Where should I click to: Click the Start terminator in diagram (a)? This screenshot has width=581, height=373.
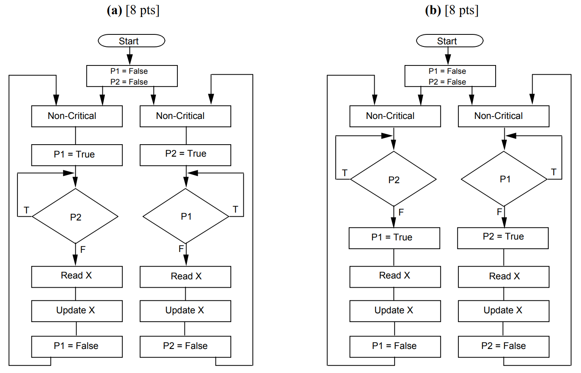tap(131, 41)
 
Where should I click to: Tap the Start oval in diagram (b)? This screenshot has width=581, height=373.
tap(450, 41)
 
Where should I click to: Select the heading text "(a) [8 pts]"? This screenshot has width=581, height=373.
tap(133, 10)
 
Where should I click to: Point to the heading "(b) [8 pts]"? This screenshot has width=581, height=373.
tap(452, 10)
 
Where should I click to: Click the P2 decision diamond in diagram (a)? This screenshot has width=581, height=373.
tap(75, 216)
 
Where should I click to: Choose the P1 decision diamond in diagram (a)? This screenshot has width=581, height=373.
tap(186, 216)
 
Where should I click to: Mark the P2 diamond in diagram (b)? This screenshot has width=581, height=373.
tap(394, 179)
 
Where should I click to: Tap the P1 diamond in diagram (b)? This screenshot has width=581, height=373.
tap(504, 179)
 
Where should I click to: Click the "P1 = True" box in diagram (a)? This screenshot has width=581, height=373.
tap(77, 155)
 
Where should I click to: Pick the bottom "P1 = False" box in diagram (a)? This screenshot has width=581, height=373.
tap(77, 346)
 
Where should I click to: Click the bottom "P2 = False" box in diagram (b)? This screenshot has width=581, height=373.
tap(504, 346)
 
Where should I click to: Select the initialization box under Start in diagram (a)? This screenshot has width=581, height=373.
tap(132, 76)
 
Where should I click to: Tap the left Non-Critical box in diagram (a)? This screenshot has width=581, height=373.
tap(77, 116)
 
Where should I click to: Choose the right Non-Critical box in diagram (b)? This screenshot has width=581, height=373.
tap(504, 116)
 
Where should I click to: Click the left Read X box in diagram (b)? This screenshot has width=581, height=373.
tap(395, 276)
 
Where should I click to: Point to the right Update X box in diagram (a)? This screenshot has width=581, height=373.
tap(185, 311)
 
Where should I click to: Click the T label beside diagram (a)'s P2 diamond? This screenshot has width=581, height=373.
tap(27, 210)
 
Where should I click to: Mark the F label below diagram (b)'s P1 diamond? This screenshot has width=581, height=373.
tap(499, 212)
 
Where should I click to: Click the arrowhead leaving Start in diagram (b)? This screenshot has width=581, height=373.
tap(448, 61)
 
